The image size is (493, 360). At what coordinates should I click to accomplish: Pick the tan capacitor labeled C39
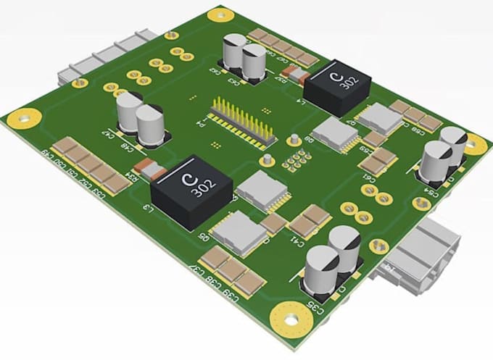point(249,283)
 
